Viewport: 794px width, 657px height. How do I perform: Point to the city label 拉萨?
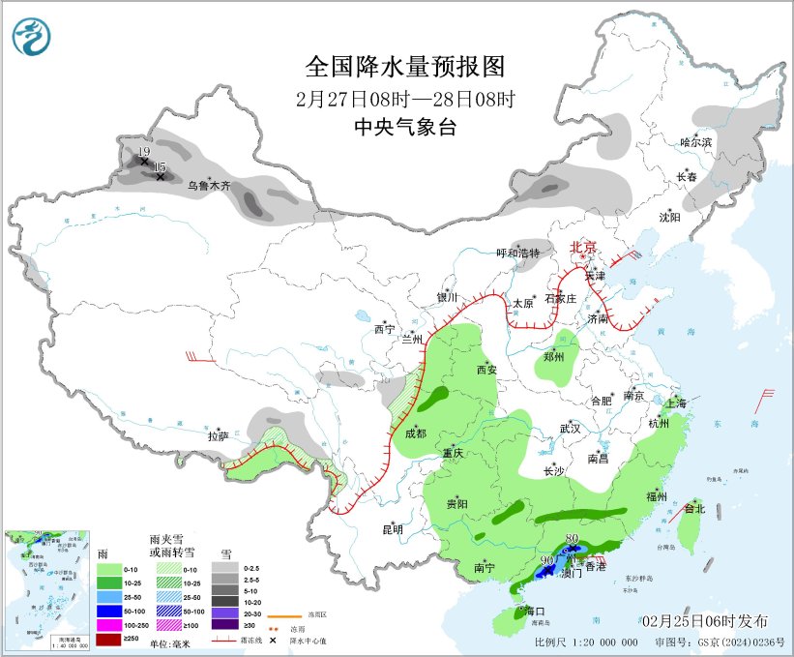point(218,436)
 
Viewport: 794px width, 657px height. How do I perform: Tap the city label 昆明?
point(392,529)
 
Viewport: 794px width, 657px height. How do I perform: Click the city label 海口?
point(536,612)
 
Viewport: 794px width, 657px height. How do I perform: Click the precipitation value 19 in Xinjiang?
point(143,153)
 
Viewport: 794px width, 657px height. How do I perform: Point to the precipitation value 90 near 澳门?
point(546,560)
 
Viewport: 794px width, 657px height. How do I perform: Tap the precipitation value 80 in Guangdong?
point(572,538)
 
